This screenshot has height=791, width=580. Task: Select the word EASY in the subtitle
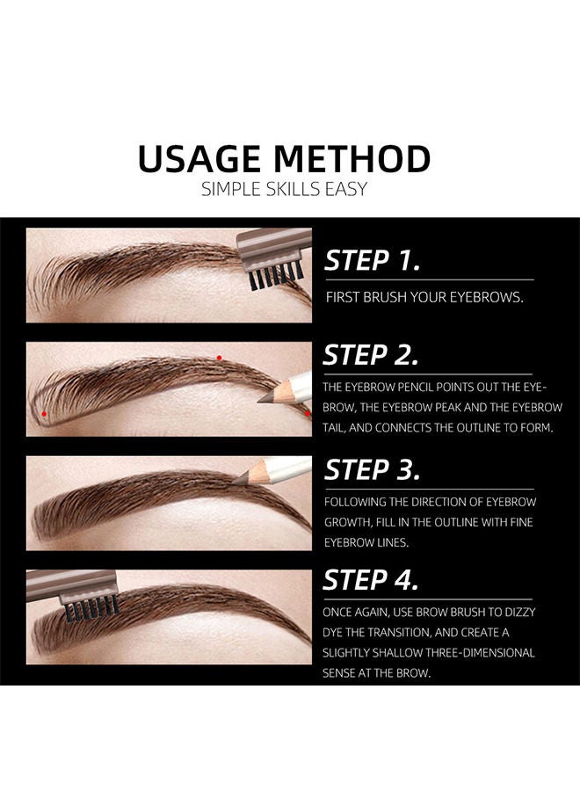tap(348, 188)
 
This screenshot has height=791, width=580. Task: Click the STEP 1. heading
tap(372, 260)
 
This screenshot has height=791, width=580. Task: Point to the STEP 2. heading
tap(370, 355)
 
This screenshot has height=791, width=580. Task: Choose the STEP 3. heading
tap(372, 469)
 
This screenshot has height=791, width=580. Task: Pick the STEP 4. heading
tap(370, 580)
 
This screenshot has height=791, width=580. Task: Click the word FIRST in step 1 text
tap(344, 298)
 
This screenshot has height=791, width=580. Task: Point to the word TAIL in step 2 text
tap(338, 428)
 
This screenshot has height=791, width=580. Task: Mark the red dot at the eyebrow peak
tap(219, 358)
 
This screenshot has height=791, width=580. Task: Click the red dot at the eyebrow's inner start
tap(43, 412)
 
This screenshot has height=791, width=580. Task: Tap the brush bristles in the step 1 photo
tap(272, 279)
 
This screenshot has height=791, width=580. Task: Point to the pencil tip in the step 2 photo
tap(263, 398)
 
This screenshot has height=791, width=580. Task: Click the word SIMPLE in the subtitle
tap(231, 188)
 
